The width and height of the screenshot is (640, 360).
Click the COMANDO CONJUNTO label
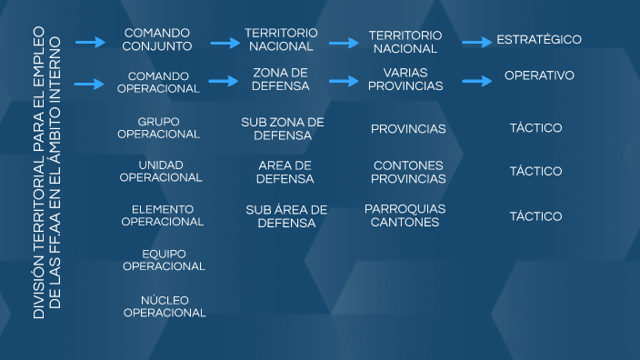[x=158, y=38]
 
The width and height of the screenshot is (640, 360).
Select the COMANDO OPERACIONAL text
[x=158, y=82]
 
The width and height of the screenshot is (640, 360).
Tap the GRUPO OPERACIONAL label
[x=158, y=127]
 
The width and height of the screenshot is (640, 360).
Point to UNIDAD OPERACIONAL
[x=160, y=171]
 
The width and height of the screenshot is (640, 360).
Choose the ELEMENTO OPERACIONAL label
[x=162, y=215]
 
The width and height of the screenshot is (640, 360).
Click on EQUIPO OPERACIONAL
[x=164, y=260]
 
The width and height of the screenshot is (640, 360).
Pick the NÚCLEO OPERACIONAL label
[x=165, y=306]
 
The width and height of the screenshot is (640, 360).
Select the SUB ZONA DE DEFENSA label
[x=283, y=128]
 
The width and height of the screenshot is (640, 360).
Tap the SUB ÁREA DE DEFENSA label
[x=285, y=215]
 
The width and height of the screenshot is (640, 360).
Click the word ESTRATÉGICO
[x=538, y=40]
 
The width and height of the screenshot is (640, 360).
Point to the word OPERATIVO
[x=539, y=75]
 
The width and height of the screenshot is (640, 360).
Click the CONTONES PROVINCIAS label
[x=408, y=172]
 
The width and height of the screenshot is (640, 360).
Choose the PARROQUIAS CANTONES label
[x=405, y=215]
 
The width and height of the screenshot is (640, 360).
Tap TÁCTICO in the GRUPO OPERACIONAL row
[x=535, y=128]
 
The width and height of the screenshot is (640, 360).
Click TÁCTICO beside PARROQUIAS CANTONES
[x=535, y=216]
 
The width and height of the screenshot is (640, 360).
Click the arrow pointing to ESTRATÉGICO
[x=476, y=42]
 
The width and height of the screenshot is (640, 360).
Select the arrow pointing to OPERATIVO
[x=476, y=82]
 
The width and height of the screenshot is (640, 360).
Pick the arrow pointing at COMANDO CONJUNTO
[x=91, y=42]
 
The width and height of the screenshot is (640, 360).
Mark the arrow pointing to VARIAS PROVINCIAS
[x=345, y=80]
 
